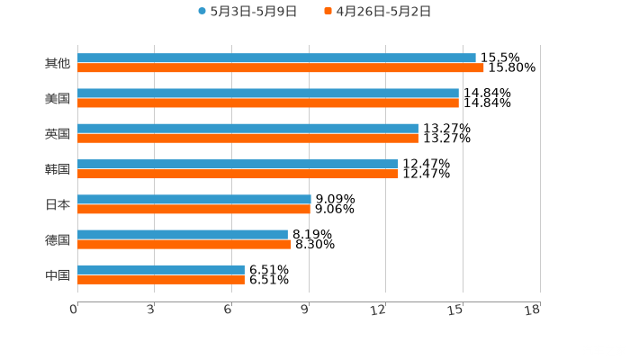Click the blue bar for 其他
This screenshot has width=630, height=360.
point(276,58)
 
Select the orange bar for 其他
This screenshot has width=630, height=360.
point(280,68)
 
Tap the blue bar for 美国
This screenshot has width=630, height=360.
point(267,94)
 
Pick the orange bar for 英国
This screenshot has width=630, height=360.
point(247,139)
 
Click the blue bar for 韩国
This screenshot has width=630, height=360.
point(238,164)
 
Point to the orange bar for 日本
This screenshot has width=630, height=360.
point(193,209)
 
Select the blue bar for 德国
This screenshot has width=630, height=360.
point(183,235)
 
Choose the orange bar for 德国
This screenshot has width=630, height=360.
point(184,244)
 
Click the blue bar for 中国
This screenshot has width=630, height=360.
point(161,270)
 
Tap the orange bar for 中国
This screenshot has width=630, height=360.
point(161,279)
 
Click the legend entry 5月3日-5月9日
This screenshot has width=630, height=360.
point(247,12)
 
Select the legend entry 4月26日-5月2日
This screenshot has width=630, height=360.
point(378,12)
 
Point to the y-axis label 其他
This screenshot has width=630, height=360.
point(58,64)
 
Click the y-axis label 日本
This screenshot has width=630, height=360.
point(58,204)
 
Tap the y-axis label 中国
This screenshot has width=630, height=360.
point(58,274)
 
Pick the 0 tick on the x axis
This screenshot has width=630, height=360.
point(75,310)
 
